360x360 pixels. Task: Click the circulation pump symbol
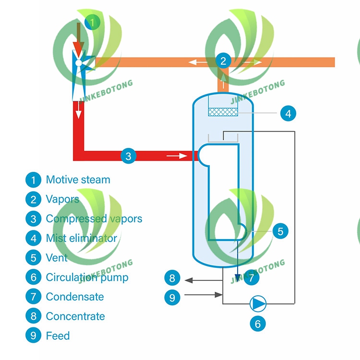(258, 303)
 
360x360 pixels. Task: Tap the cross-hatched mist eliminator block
(223, 112)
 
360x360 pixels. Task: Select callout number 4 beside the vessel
(288, 114)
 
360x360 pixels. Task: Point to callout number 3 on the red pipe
(128, 156)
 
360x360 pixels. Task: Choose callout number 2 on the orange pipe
(223, 60)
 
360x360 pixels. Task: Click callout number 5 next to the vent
(280, 231)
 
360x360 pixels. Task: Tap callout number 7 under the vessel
(251, 277)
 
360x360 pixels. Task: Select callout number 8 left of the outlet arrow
(172, 277)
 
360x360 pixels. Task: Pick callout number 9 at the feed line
(172, 297)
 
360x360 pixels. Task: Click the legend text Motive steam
(78, 180)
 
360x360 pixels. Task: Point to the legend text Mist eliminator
(81, 238)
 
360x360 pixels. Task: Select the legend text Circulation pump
(87, 277)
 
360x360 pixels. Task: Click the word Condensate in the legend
(75, 297)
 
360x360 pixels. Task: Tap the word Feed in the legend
(58, 336)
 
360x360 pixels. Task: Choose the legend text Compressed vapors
(94, 219)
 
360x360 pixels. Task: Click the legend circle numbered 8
(33, 316)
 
